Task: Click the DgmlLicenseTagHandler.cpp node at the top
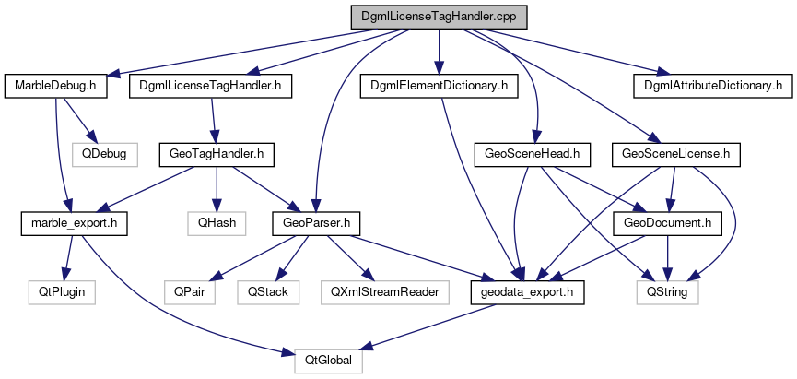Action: tap(439, 18)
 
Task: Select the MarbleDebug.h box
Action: tap(56, 86)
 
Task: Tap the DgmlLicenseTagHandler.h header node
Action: tap(211, 86)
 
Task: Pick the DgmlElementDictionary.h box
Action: tap(439, 86)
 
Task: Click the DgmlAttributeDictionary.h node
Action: tap(708, 86)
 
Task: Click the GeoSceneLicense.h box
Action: tap(676, 153)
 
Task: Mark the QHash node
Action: tap(216, 222)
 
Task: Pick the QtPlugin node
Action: tap(61, 291)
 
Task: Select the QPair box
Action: tap(182, 291)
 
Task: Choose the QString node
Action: tap(668, 291)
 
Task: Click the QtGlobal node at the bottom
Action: tap(329, 361)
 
